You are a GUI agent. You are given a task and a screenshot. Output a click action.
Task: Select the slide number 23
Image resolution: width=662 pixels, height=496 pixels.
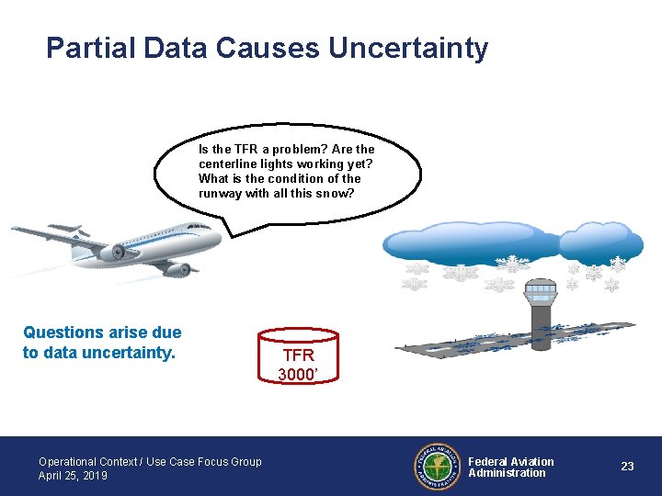pyautogui.click(x=627, y=467)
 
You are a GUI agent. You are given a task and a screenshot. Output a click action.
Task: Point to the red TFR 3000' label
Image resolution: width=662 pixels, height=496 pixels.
pyautogui.click(x=299, y=364)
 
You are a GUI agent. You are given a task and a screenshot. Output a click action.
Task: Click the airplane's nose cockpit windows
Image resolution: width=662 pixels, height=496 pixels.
pyautogui.click(x=199, y=227)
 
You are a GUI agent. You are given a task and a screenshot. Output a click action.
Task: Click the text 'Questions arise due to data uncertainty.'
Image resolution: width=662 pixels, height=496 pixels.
pyautogui.click(x=102, y=342)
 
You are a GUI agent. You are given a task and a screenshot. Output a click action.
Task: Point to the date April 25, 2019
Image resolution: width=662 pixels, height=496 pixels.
pyautogui.click(x=73, y=476)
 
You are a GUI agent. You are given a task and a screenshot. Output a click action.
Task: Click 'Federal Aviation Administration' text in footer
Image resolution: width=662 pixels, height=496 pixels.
pyautogui.click(x=511, y=468)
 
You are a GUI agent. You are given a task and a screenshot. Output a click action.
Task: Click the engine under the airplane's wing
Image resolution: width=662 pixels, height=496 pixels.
pyautogui.click(x=119, y=252)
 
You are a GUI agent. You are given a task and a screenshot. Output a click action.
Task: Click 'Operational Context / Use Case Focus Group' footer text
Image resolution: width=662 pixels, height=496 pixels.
pyautogui.click(x=150, y=461)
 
